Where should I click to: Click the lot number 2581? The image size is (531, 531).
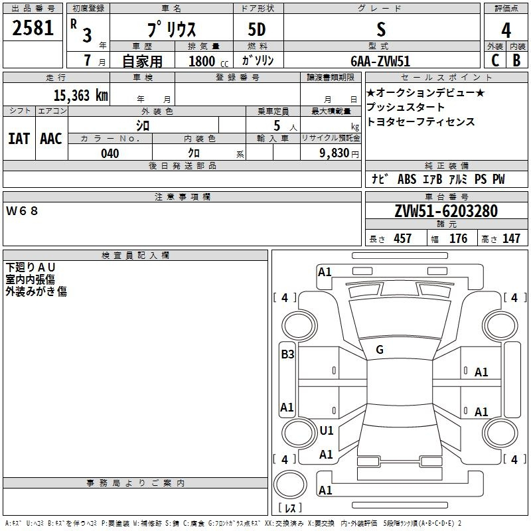(33, 28)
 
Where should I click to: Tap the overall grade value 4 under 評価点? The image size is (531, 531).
(506, 30)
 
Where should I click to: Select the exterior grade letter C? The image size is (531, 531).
(495, 60)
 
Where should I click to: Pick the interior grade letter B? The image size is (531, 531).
(516, 60)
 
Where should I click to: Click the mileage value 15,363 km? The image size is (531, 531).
(81, 95)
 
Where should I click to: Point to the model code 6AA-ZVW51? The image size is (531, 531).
(380, 61)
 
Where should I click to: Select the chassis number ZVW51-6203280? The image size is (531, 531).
(446, 211)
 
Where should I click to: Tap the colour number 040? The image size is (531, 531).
(110, 153)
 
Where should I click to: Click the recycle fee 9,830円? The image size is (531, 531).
(339, 153)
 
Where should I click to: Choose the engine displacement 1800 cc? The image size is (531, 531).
(208, 61)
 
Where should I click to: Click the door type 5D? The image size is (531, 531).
(257, 30)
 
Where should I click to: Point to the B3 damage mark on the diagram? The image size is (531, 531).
(287, 354)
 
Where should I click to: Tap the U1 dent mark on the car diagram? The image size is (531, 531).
(327, 431)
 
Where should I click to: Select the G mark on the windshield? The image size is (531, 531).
(380, 350)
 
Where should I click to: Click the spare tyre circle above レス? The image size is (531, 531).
(290, 485)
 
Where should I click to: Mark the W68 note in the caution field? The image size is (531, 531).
(22, 211)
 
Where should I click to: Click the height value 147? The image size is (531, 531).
(511, 238)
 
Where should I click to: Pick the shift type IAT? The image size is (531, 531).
(19, 139)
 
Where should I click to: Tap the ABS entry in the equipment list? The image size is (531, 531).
(407, 179)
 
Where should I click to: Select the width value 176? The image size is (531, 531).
(458, 238)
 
